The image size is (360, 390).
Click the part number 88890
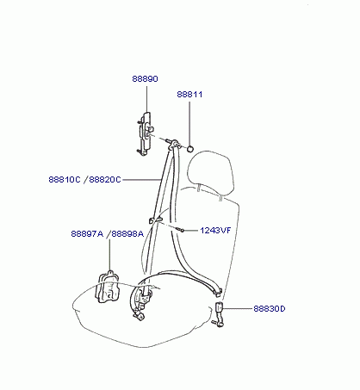[145, 78]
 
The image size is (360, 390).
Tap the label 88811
[189, 95]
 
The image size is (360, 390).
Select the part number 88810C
[65, 180]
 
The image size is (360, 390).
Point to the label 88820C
[105, 180]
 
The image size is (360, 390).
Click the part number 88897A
[87, 234]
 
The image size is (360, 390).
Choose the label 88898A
[127, 234]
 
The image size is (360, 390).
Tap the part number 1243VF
[215, 231]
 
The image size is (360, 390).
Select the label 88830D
[270, 309]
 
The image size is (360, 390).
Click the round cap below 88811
[189, 149]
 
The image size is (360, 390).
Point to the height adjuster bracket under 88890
[144, 134]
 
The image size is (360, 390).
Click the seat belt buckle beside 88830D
[219, 314]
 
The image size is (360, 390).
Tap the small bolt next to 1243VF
[180, 229]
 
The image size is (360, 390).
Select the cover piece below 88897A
[108, 287]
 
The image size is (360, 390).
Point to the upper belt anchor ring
[174, 144]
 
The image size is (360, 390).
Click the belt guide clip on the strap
[155, 220]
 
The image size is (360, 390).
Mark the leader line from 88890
[146, 97]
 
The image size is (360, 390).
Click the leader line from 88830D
[238, 309]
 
